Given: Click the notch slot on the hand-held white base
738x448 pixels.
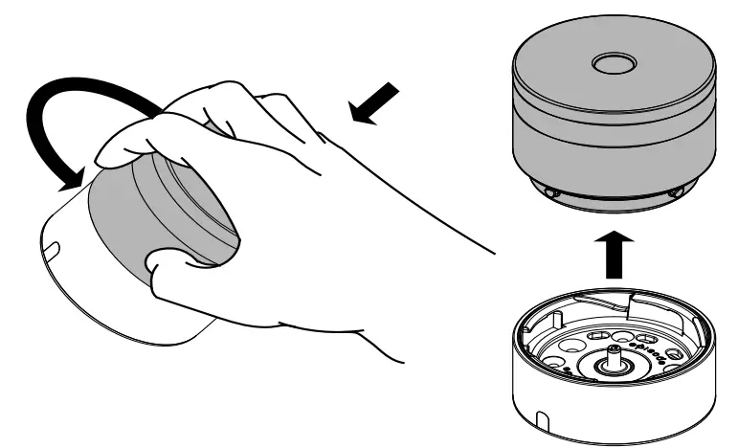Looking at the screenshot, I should [x=52, y=251].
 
